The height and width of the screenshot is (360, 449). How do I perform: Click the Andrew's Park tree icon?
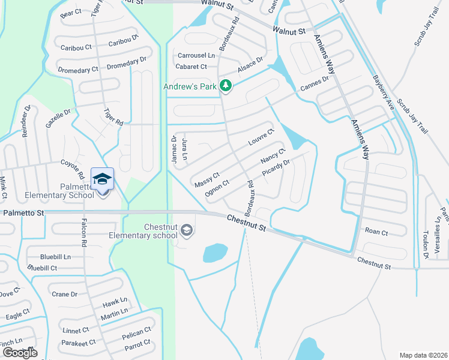(x=226, y=86)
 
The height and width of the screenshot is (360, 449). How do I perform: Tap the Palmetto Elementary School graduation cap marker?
(x=102, y=179)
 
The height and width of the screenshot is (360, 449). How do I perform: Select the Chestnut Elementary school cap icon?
(x=187, y=230)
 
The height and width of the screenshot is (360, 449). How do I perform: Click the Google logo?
(x=20, y=353)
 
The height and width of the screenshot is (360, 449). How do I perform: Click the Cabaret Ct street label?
(x=191, y=67)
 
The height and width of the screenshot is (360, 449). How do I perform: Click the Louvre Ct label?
(x=261, y=137)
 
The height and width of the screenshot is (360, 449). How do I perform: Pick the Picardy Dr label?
(x=276, y=167)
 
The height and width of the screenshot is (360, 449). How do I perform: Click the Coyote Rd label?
(x=73, y=167)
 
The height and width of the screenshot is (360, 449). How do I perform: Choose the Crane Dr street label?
(x=65, y=294)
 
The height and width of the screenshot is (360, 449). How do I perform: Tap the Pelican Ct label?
(x=137, y=333)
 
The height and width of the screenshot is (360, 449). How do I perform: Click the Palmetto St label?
(x=23, y=212)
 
